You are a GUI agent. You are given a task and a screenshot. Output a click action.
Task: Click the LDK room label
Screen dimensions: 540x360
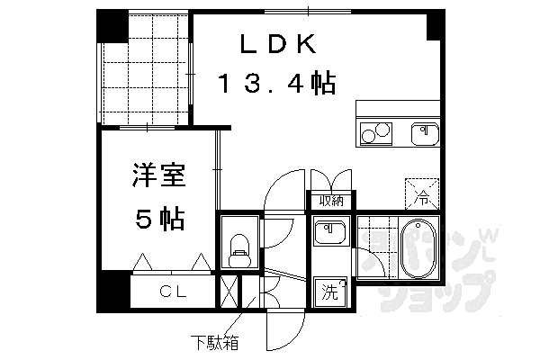click(278, 44)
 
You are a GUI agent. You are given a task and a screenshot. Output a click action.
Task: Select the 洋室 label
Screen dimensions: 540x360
click(159, 175)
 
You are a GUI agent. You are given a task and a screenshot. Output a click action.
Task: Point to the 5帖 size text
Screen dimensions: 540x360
click(160, 219)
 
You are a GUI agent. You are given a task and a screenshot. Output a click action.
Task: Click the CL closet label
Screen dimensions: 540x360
click(173, 292)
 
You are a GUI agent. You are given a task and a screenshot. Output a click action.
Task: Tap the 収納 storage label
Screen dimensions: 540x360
click(331, 201)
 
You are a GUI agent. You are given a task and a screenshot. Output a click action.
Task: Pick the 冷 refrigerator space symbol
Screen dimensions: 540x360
click(422, 194)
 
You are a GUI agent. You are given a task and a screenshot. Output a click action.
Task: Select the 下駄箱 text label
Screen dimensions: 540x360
click(214, 343)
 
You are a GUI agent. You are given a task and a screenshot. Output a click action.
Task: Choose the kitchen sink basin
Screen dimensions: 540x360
click(426, 134)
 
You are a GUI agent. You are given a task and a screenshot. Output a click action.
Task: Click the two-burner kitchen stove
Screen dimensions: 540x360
click(376, 134)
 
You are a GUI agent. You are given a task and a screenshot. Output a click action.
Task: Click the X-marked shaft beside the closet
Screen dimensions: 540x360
click(229, 292)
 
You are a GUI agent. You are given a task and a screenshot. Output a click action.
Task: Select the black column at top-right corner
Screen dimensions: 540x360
click(436, 25)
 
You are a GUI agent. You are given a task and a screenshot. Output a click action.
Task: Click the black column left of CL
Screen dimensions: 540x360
click(113, 291)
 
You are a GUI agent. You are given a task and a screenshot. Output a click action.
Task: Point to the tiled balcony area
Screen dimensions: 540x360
click(145, 67)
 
